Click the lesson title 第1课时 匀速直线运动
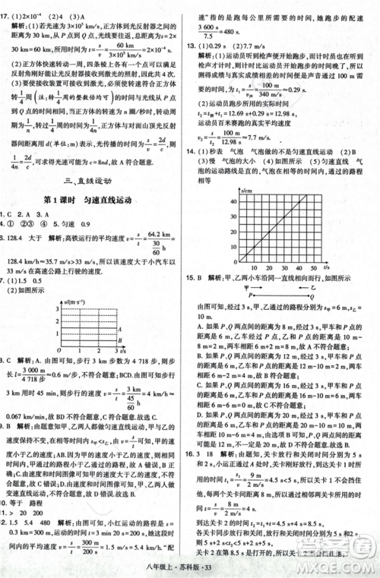click(93, 199)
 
